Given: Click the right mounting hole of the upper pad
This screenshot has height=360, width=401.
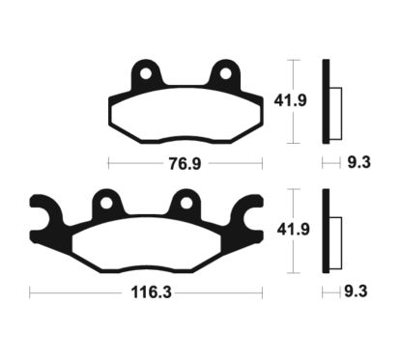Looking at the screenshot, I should [x=226, y=73].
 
